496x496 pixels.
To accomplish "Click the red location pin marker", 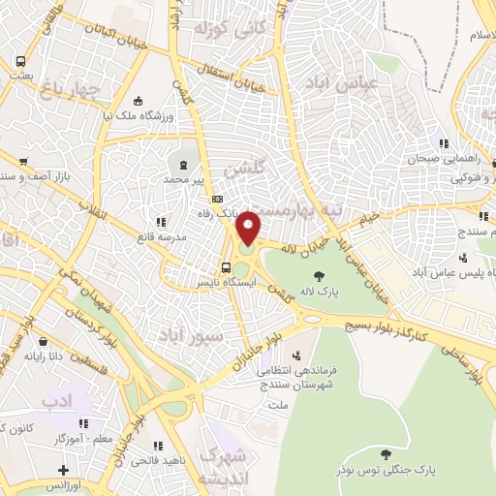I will [x=249, y=228].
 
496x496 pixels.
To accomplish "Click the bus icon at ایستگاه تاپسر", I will [x=226, y=268].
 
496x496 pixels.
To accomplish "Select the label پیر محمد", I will [x=185, y=180].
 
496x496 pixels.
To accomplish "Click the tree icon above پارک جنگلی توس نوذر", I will [x=386, y=453].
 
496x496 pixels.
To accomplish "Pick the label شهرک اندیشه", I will [x=225, y=467].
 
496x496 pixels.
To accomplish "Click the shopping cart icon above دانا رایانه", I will [x=44, y=341].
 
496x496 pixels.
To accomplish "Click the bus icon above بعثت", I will [x=20, y=63].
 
